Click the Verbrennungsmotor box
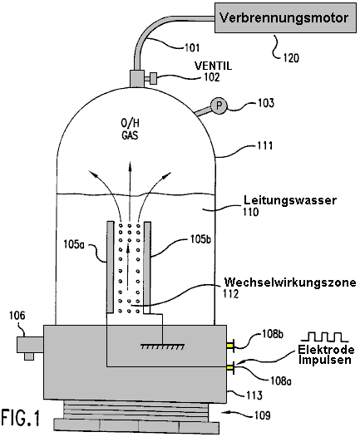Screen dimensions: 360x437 285,17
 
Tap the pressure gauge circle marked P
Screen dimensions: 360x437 219,106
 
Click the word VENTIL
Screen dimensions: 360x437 213,66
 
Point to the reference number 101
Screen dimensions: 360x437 192,47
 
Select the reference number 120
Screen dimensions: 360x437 291,58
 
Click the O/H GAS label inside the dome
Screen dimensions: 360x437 130,129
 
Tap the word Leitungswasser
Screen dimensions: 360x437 290,200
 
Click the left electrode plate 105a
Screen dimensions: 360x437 111,267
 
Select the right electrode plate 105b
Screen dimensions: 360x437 147,267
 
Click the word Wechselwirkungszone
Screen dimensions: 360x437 290,282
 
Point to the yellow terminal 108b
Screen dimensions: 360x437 229,346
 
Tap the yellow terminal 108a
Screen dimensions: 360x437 229,368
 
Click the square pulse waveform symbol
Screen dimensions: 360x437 324,337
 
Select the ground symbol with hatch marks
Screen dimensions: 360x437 162,346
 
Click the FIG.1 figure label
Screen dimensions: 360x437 20,418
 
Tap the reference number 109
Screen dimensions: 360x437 263,415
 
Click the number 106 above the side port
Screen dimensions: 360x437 17,316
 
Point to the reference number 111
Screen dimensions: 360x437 264,145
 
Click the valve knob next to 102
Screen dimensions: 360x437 152,78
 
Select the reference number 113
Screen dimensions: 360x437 254,395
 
